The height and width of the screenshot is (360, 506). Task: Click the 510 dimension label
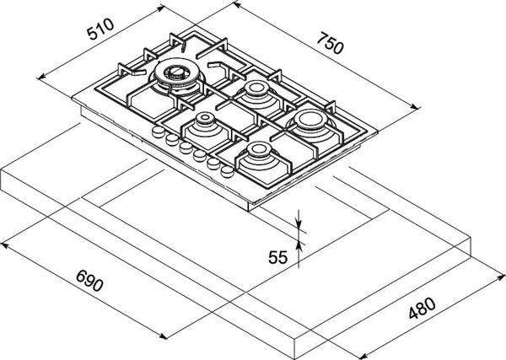pyautogui.click(x=100, y=29)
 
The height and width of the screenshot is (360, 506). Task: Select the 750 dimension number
pyautogui.click(x=330, y=43)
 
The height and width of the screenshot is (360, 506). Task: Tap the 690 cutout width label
pyautogui.click(x=89, y=281)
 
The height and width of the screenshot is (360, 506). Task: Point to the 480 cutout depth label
pyautogui.click(x=423, y=309)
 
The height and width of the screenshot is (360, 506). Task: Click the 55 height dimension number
pyautogui.click(x=277, y=257)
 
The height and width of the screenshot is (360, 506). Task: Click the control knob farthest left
pyautogui.click(x=159, y=132)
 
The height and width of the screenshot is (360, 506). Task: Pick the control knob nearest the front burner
pyautogui.click(x=228, y=171)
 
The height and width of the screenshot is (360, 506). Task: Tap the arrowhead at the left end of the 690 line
pyautogui.click(x=4, y=246)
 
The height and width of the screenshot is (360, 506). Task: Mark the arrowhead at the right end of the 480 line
pyautogui.click(x=501, y=277)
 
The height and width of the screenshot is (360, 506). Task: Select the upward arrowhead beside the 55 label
pyautogui.click(x=299, y=246)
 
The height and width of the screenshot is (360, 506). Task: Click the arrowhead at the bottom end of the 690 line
pyautogui.click(x=163, y=336)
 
